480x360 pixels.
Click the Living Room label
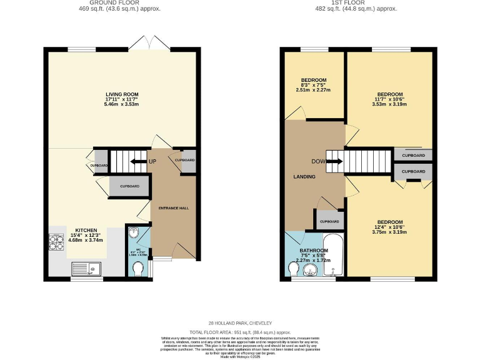tap(122, 95)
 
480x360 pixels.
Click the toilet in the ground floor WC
tap(137, 268)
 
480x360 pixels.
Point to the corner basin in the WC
tap(133, 233)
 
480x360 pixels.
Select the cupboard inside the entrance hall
tap(184, 160)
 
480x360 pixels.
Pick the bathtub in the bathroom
tap(334, 255)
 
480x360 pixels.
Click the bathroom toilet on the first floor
tap(294, 268)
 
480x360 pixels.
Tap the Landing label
tap(305, 177)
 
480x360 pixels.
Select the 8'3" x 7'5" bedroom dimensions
tap(314, 90)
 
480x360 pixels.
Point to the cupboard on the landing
tap(329, 221)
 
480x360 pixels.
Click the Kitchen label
tap(87, 229)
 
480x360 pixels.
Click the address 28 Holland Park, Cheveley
tap(240, 323)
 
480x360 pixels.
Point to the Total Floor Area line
tap(240, 332)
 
